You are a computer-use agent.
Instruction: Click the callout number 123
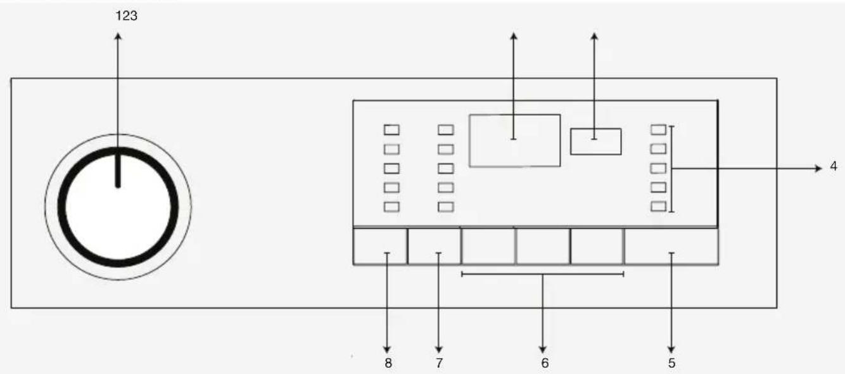click(x=127, y=16)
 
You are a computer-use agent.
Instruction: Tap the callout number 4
click(x=834, y=166)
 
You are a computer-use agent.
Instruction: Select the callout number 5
click(x=671, y=363)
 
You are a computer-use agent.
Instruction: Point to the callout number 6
click(x=545, y=363)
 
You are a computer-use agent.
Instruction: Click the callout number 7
click(x=439, y=363)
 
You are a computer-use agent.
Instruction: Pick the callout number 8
click(x=388, y=363)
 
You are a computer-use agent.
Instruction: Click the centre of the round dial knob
click(x=118, y=207)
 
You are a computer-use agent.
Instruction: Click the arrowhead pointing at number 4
click(x=818, y=169)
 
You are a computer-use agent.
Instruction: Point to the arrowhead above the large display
click(x=514, y=36)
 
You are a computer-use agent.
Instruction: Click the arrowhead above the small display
click(x=594, y=36)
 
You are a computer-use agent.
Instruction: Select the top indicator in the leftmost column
click(x=391, y=130)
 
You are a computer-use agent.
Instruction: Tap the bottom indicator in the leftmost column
click(x=391, y=207)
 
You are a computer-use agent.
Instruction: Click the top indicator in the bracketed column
click(x=658, y=129)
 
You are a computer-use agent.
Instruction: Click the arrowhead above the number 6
click(x=542, y=350)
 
